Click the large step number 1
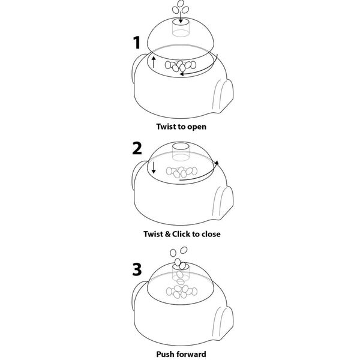pos(137,43)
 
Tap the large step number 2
pos(137,148)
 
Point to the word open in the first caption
pos(197,127)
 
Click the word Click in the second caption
pos(181,234)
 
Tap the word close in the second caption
pos(211,234)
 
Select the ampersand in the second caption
pos(168,234)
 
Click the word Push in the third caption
pos(165,354)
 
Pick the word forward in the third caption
pos(191,354)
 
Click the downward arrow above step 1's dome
pos(181,17)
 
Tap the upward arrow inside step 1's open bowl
pos(154,62)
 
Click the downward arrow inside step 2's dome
pos(154,167)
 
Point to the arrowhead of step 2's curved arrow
pos(217,163)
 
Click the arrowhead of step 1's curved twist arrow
pos(182,74)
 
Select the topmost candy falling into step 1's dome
pos(181,4)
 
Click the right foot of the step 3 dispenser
pos(223,324)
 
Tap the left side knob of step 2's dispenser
pos(137,175)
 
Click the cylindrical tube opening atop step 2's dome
pos(181,146)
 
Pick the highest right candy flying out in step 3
pos(184,250)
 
